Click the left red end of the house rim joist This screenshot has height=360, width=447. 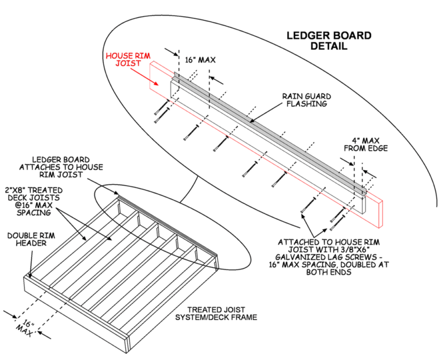click(x=159, y=75)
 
